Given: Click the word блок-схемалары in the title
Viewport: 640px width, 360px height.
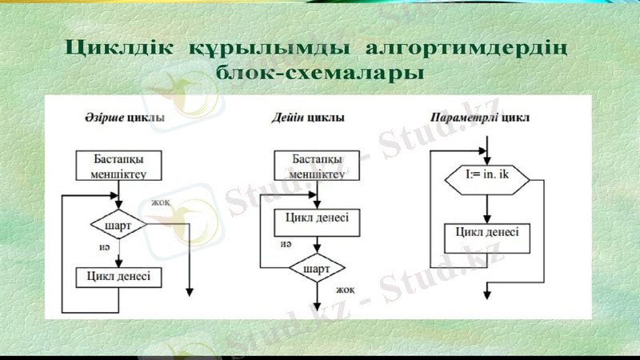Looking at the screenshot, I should (x=320, y=74).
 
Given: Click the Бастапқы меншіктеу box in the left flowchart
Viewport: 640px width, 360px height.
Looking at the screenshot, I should (x=118, y=166).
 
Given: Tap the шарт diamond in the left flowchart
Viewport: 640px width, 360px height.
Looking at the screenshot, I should (x=118, y=225).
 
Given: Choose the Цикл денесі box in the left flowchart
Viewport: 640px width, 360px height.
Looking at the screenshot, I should (x=118, y=277).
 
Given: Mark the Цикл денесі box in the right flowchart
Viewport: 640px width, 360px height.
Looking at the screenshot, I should (x=486, y=234).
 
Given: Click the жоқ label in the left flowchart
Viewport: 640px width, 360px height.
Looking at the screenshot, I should (x=161, y=203).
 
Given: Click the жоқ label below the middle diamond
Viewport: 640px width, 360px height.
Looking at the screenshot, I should (x=345, y=290).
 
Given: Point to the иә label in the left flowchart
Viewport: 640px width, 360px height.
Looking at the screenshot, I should (x=104, y=249).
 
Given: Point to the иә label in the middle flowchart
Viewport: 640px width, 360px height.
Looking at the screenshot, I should (x=286, y=244).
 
